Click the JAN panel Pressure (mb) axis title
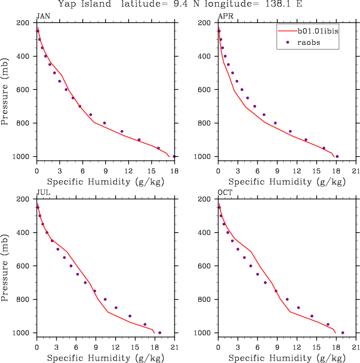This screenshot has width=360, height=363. click(6, 89)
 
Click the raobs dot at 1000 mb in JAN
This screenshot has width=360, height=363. click(174, 156)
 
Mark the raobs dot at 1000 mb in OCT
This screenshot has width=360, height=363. click(343, 332)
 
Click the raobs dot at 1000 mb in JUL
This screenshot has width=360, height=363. click(160, 332)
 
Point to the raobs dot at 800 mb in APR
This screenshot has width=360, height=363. click(275, 123)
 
